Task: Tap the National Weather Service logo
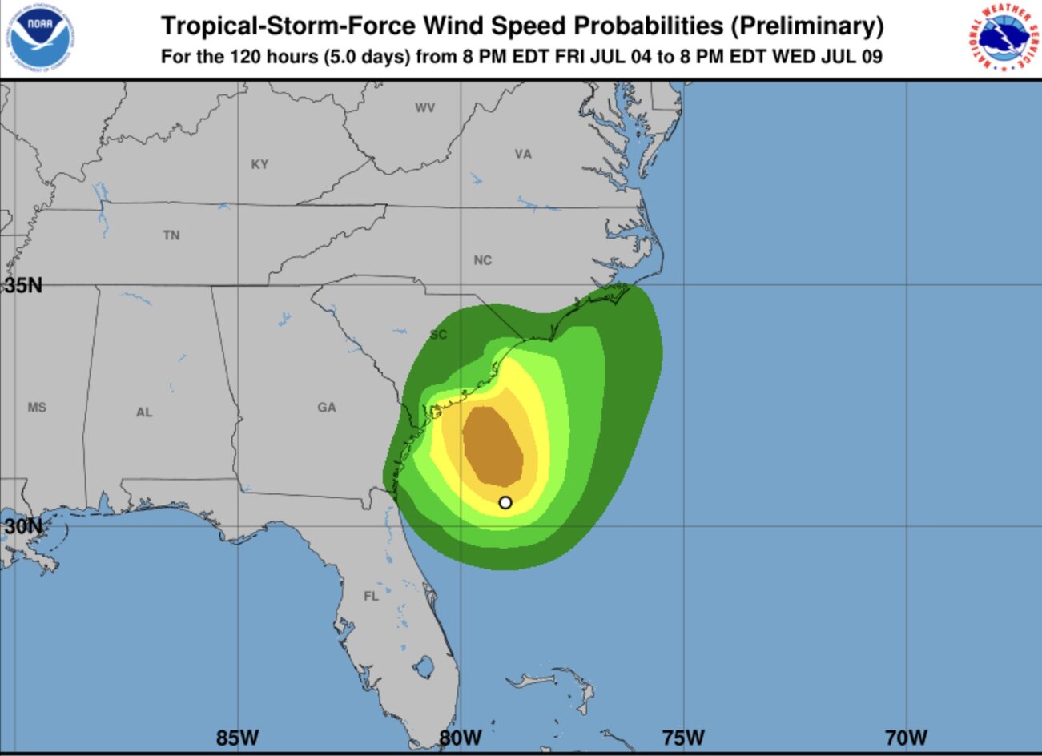pyautogui.click(x=998, y=35)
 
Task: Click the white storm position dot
pyautogui.click(x=505, y=502)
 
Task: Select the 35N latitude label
pyautogui.click(x=22, y=285)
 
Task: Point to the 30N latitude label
pyautogui.click(x=22, y=526)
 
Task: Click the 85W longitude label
pyautogui.click(x=237, y=737)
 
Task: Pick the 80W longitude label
pyautogui.click(x=461, y=737)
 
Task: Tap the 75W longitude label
pyautogui.click(x=683, y=737)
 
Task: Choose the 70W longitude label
pyautogui.click(x=906, y=737)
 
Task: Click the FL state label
pyautogui.click(x=371, y=597)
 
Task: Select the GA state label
pyautogui.click(x=327, y=408)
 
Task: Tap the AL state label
pyautogui.click(x=144, y=412)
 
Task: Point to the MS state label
pyautogui.click(x=37, y=408)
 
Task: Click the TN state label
pyautogui.click(x=171, y=235)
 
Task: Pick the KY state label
pyautogui.click(x=259, y=164)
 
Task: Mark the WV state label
pyautogui.click(x=424, y=107)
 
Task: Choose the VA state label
pyautogui.click(x=523, y=154)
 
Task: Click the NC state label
pyautogui.click(x=482, y=260)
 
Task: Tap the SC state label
pyautogui.click(x=438, y=335)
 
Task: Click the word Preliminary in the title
pyautogui.click(x=807, y=26)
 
